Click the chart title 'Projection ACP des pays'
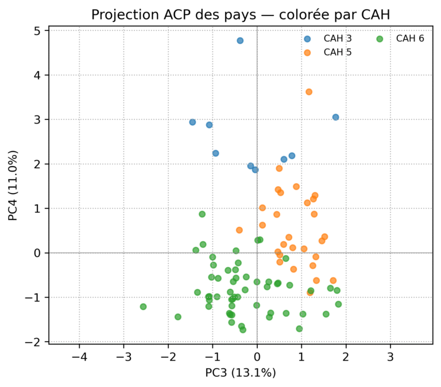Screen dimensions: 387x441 click(240, 15)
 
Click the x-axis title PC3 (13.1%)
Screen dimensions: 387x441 click(241, 372)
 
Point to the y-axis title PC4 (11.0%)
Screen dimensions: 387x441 click(13, 185)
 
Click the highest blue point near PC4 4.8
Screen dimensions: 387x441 click(240, 41)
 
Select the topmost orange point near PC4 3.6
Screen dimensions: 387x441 click(309, 92)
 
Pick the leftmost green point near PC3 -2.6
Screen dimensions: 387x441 click(143, 307)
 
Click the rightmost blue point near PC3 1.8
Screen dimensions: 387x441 click(335, 117)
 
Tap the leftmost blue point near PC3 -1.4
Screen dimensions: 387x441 click(193, 122)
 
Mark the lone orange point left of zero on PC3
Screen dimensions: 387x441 click(239, 230)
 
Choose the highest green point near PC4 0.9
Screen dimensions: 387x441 click(202, 214)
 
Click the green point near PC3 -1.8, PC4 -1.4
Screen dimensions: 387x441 click(178, 317)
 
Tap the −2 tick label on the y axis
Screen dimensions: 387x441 click(37, 342)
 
